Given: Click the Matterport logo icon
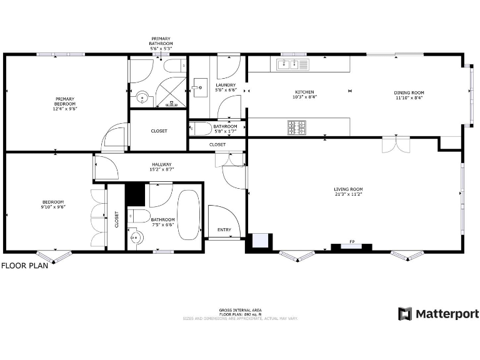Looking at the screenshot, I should (x=405, y=314).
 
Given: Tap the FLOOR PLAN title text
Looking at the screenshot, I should (x=24, y=265).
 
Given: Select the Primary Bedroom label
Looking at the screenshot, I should (x=64, y=99).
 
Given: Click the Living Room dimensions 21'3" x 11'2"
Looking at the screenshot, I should (x=348, y=194).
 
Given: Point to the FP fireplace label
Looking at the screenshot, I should (x=352, y=241).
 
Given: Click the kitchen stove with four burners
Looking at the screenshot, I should (x=297, y=127).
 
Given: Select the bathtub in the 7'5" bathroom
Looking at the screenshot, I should (x=188, y=215).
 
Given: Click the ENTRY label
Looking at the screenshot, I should (x=224, y=230).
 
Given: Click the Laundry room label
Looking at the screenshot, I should (x=226, y=85).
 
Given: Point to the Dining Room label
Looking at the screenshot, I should (x=409, y=93).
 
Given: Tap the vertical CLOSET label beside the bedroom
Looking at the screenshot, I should (x=116, y=219).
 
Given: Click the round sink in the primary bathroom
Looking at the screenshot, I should (x=142, y=97).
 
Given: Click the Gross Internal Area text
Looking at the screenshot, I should (x=240, y=311).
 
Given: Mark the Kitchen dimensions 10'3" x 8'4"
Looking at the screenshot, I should (x=304, y=97).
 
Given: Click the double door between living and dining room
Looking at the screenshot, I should (x=391, y=146).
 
